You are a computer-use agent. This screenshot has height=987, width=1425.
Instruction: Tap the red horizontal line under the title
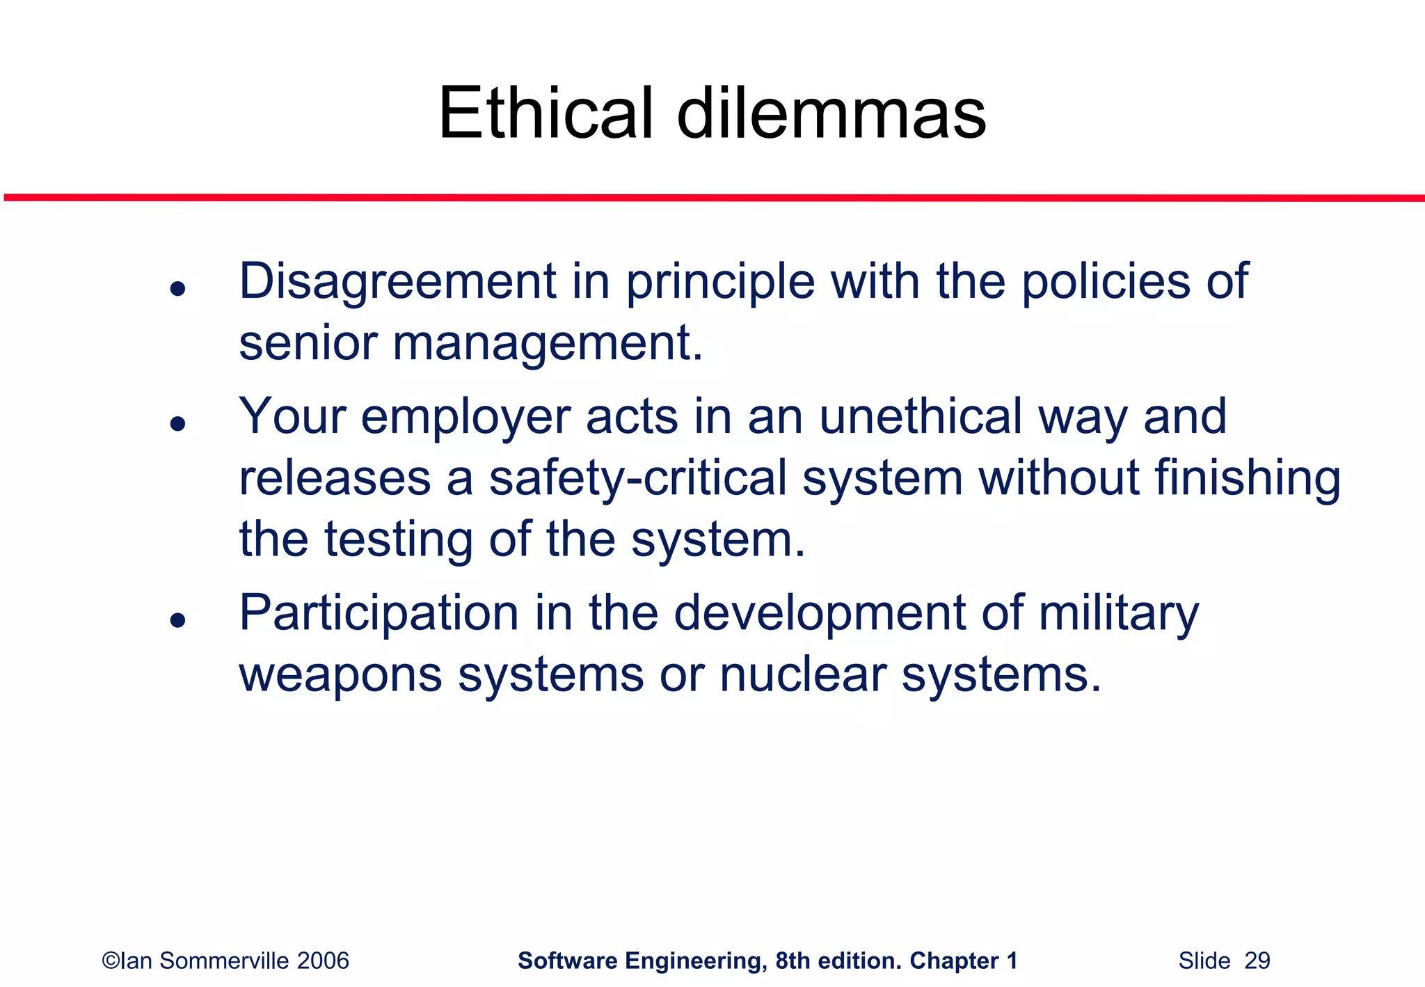point(712,198)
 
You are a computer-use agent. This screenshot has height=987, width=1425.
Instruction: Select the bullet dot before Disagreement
point(178,288)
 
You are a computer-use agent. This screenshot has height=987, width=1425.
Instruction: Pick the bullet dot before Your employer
point(178,423)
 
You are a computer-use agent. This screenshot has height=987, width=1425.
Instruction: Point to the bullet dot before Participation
point(178,619)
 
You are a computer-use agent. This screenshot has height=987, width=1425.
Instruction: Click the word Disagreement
point(397,282)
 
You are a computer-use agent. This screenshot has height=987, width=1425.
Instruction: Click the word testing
point(399,539)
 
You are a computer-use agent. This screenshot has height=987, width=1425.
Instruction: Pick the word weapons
point(340,675)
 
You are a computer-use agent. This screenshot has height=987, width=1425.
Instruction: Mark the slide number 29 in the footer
point(1257,961)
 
